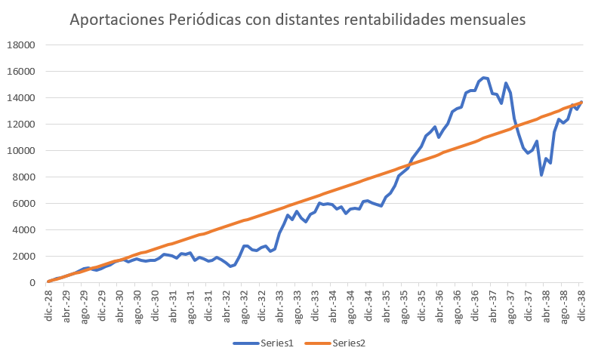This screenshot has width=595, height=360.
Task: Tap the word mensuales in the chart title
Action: [x=488, y=20]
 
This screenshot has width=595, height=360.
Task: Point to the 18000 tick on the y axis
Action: [x=21, y=45]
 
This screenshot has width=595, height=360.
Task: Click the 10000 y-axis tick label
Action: [x=21, y=151]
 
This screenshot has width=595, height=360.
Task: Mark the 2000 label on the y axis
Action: [x=23, y=257]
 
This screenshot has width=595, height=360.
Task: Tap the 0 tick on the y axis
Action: [x=32, y=283]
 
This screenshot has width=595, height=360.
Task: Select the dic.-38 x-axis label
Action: [x=582, y=304]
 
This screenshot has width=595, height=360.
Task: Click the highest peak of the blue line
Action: [x=484, y=78]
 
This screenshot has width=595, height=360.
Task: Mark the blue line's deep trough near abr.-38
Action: [x=541, y=175]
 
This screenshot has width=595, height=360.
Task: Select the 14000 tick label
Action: [x=21, y=98]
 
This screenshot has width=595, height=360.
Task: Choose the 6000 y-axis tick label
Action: [x=23, y=204]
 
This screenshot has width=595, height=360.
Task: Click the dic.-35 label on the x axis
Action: [x=422, y=304]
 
